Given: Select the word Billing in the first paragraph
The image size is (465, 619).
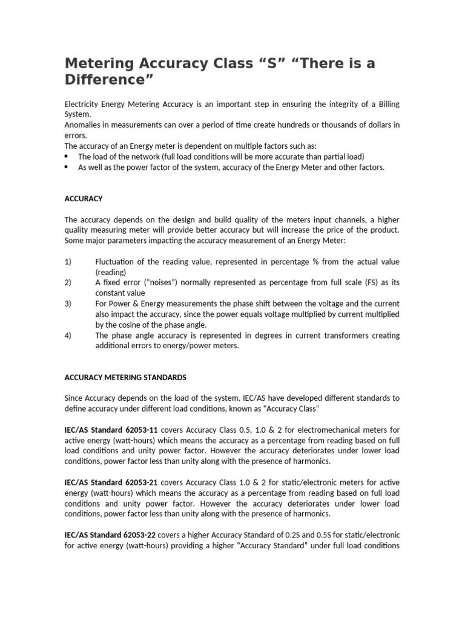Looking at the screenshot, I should click(388, 105).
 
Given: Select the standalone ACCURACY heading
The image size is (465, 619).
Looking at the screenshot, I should click(84, 198).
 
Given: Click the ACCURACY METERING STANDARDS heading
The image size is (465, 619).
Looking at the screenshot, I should click(125, 377).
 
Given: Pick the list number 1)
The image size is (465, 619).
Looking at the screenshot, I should click(68, 262).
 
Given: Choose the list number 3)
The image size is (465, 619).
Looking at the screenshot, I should click(68, 303).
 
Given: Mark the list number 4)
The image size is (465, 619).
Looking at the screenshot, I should click(68, 335).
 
